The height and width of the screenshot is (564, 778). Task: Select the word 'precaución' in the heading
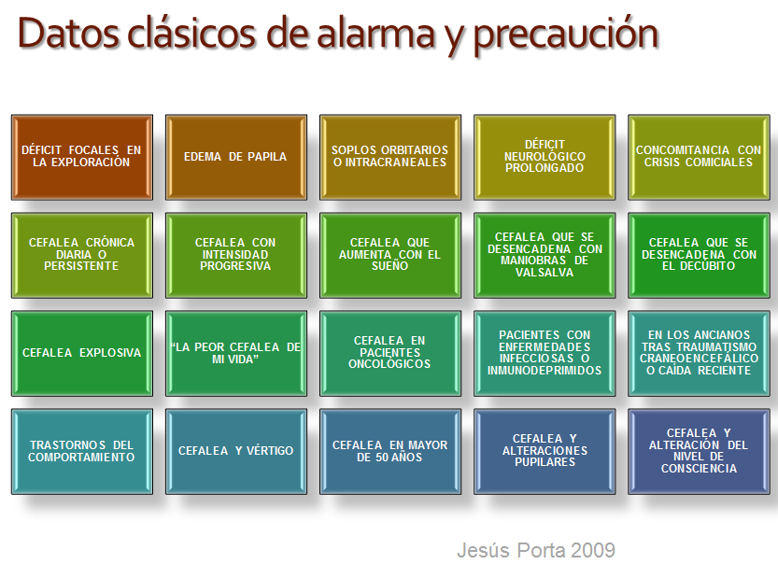coord(566,35)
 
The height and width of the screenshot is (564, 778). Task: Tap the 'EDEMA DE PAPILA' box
coord(235,157)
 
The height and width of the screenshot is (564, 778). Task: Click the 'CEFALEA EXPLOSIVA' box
coord(82,353)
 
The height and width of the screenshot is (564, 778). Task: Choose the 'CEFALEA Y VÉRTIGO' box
coord(235,451)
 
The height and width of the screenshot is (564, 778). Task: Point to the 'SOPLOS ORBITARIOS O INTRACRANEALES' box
coord(390,157)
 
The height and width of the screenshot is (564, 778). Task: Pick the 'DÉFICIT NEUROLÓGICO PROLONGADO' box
coord(545,157)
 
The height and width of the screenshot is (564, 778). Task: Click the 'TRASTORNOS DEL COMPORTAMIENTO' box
coord(82,451)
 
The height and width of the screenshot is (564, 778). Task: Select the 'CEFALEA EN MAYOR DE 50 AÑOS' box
coord(390,451)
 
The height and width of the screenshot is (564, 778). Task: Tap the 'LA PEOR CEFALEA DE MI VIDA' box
coord(235,353)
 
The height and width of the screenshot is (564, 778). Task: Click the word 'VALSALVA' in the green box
coord(545,273)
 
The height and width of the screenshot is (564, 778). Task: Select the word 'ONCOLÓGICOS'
coord(389,364)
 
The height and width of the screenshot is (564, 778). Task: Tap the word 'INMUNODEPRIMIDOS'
coord(545,371)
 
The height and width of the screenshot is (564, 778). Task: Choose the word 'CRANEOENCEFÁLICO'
coord(699,359)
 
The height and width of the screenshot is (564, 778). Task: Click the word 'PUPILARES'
coord(545,462)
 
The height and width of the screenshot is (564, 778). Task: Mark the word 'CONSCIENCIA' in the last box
coord(699,469)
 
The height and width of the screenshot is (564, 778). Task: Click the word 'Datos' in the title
coord(68,34)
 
